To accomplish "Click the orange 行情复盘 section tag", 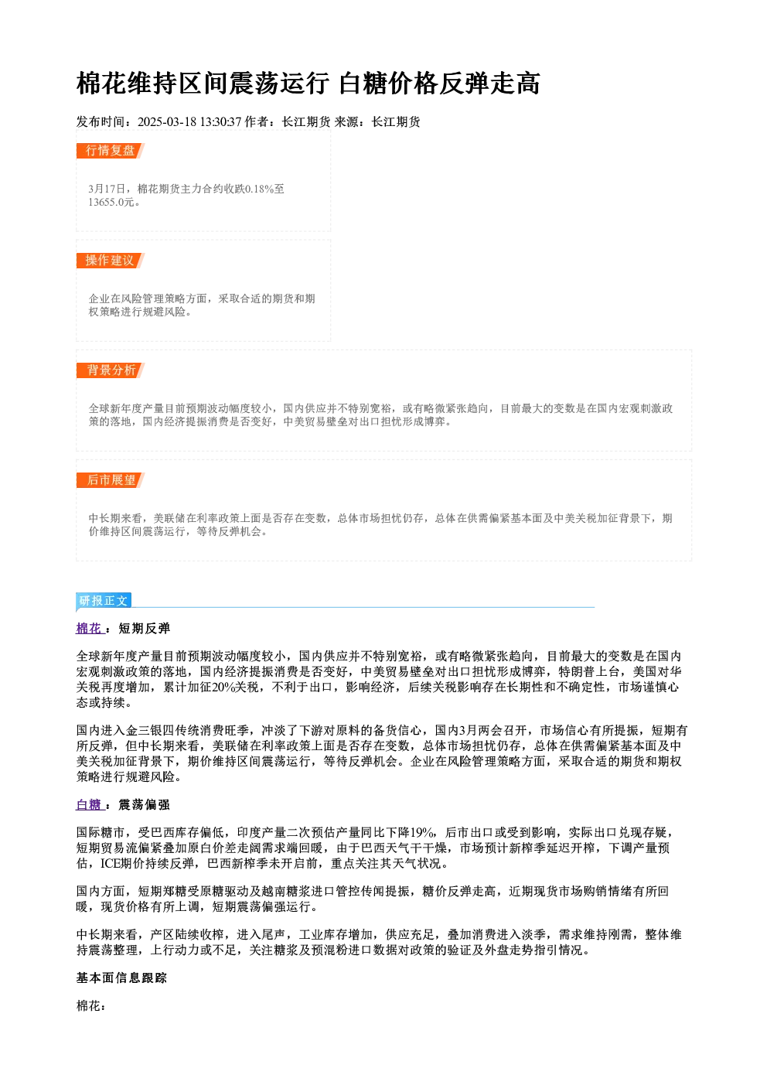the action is click(111, 151).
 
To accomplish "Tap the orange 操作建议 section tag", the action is click(111, 261).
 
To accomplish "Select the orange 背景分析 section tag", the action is click(111, 370).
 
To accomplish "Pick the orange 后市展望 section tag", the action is click(111, 480).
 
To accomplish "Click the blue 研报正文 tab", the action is click(104, 601).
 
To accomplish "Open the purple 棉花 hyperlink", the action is click(90, 628).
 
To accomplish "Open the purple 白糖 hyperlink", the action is click(90, 804).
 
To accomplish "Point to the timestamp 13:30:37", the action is click(220, 121).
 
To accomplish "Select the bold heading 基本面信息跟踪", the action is click(121, 978).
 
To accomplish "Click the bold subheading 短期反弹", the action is click(145, 628).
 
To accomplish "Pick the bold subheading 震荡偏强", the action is click(145, 804).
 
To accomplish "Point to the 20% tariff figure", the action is click(223, 688).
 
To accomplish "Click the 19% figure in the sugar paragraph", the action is click(422, 833).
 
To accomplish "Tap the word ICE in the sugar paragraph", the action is click(110, 864).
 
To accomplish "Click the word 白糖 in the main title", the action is click(363, 83).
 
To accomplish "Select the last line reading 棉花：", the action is click(91, 1005).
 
